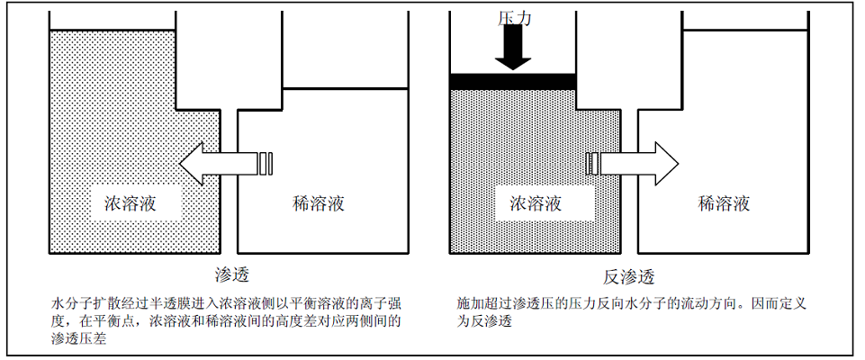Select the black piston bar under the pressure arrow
[512, 81]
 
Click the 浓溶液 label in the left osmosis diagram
[131, 203]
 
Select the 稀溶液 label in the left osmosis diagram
[319, 203]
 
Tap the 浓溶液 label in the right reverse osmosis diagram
[536, 203]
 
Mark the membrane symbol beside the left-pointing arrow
[266, 163]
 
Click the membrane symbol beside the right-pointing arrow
[591, 163]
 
